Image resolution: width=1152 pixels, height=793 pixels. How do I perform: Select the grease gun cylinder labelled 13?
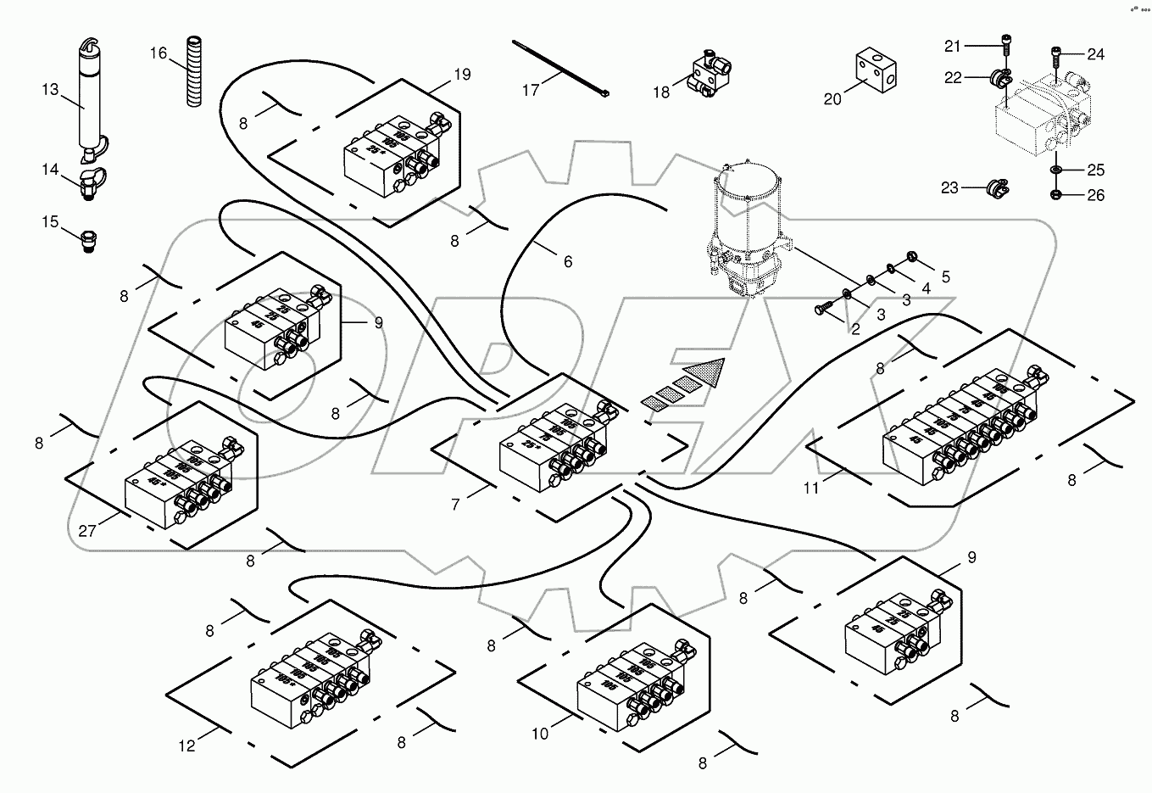[x=90, y=106]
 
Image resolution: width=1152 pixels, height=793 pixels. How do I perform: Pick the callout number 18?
[x=661, y=91]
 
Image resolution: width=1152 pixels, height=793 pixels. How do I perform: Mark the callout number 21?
[x=953, y=45]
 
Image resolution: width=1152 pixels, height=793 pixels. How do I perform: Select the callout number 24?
[x=1095, y=54]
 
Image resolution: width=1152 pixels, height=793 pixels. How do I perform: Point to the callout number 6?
[x=568, y=262]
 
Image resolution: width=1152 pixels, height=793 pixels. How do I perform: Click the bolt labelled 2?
[x=826, y=309]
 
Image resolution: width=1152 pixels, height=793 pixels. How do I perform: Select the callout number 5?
[x=945, y=276]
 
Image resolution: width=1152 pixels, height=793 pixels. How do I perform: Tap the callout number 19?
[x=461, y=75]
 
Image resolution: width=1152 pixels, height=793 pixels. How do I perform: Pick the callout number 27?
[x=88, y=531]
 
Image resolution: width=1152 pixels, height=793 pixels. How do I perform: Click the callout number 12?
[x=187, y=746]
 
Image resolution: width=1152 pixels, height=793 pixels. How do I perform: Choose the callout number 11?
[x=812, y=489]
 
